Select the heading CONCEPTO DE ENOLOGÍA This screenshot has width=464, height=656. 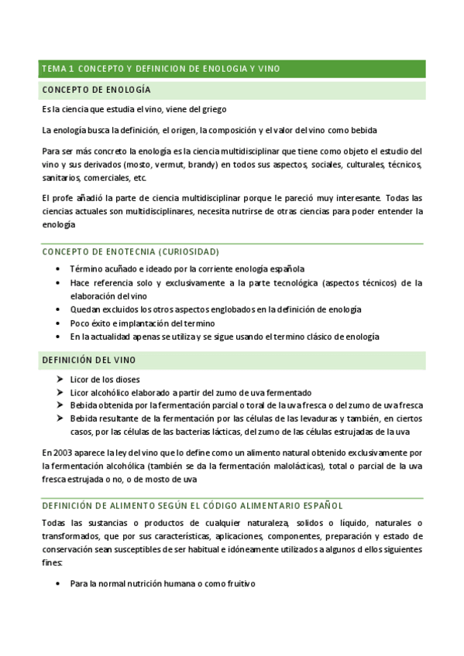pos(97,91)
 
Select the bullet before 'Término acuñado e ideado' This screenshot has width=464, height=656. pos(59,269)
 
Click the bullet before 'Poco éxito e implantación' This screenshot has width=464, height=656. pos(59,323)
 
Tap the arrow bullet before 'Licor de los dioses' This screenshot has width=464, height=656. pos(60,379)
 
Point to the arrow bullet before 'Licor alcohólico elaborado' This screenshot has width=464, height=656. pos(60,392)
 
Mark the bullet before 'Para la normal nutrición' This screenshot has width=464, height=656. pos(59,583)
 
